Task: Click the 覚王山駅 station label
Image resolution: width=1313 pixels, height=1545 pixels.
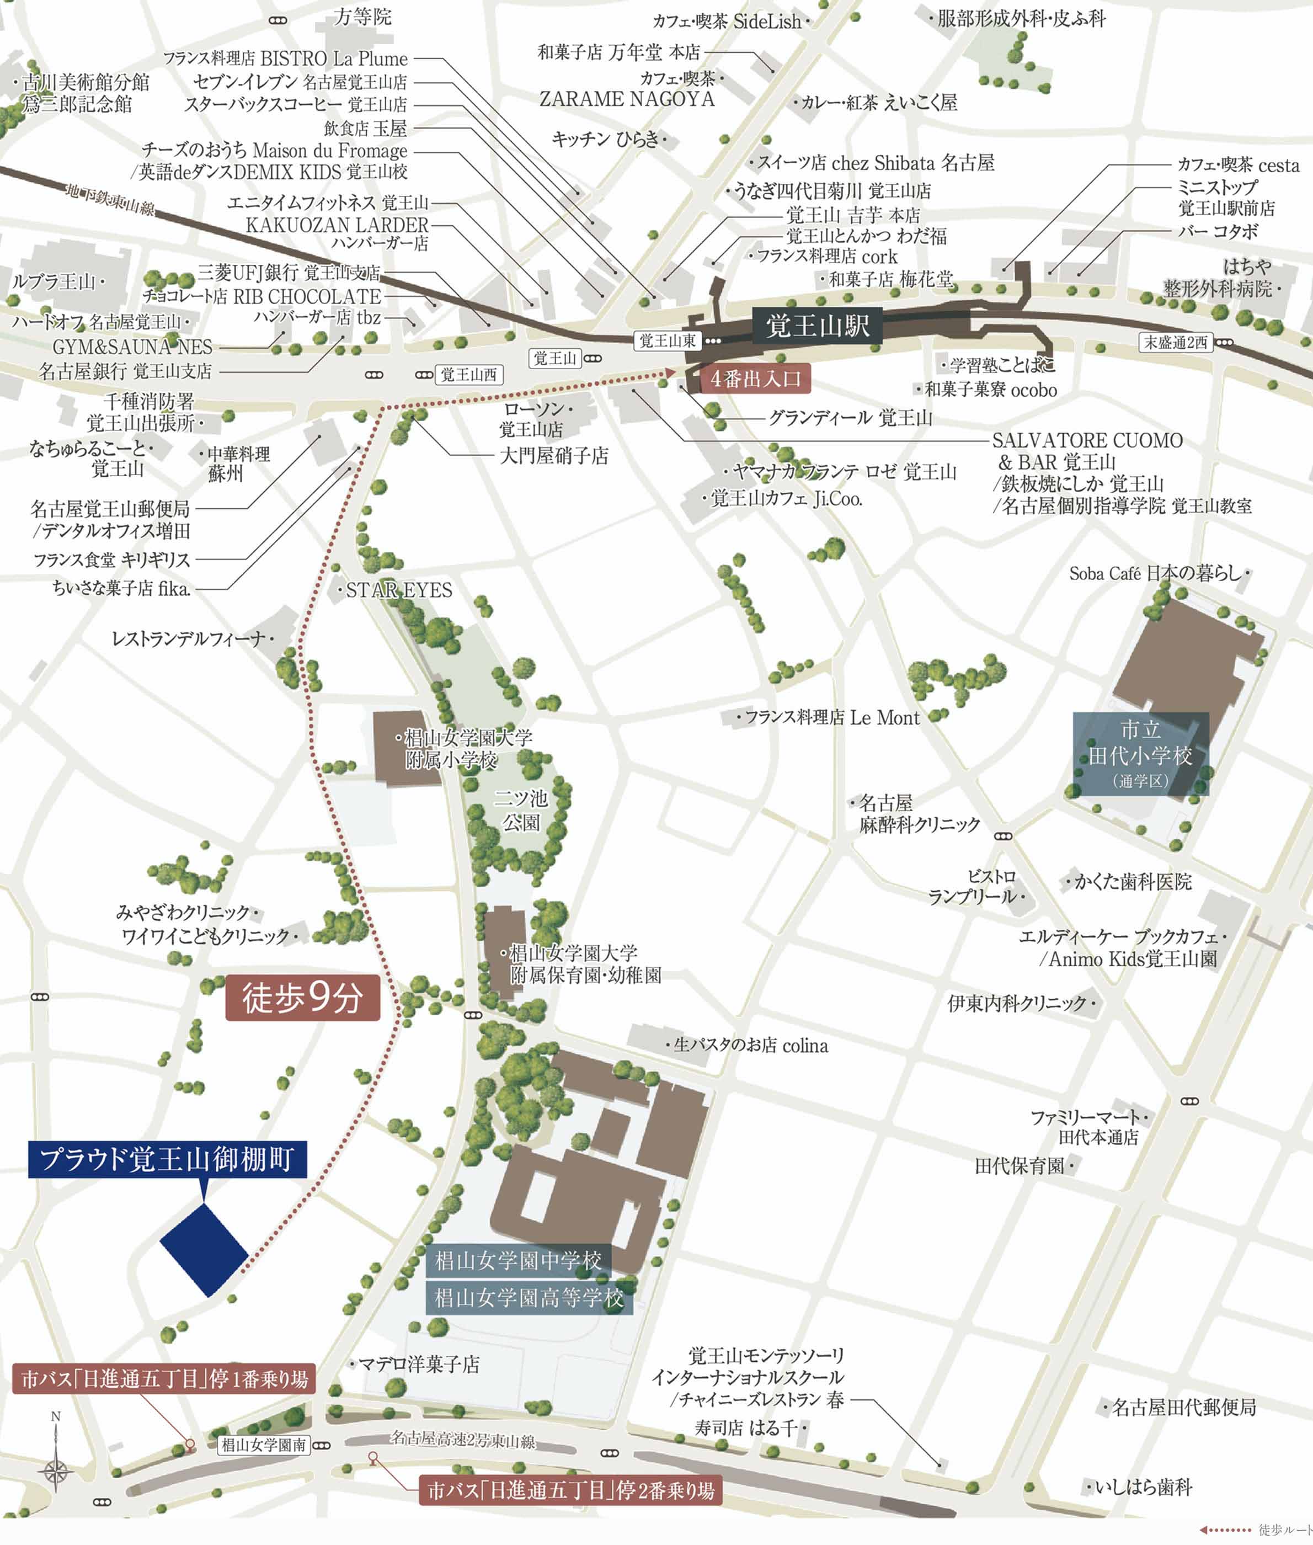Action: (x=817, y=326)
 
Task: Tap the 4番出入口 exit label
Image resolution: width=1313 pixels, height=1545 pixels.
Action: (x=755, y=379)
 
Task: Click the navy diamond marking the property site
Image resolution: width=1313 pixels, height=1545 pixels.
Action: (x=204, y=1249)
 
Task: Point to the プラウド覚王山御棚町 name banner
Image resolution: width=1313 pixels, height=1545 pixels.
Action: (x=168, y=1159)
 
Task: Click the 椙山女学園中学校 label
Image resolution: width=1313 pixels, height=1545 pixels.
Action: (x=518, y=1261)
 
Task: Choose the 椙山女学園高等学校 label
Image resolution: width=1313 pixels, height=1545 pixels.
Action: (x=529, y=1298)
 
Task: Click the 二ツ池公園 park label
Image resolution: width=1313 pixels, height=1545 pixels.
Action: (x=521, y=810)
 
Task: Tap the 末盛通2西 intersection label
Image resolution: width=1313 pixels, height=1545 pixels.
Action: (x=1176, y=343)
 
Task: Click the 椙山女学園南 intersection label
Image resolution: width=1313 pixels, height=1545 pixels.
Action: (x=264, y=1445)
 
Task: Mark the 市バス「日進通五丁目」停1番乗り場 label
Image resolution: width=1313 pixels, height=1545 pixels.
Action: (x=164, y=1379)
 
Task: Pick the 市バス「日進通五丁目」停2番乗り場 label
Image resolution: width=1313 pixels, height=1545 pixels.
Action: (x=570, y=1490)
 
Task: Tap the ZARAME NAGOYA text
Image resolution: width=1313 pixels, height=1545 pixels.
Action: (x=627, y=99)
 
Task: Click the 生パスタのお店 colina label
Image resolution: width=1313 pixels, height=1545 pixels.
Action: (x=750, y=1046)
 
